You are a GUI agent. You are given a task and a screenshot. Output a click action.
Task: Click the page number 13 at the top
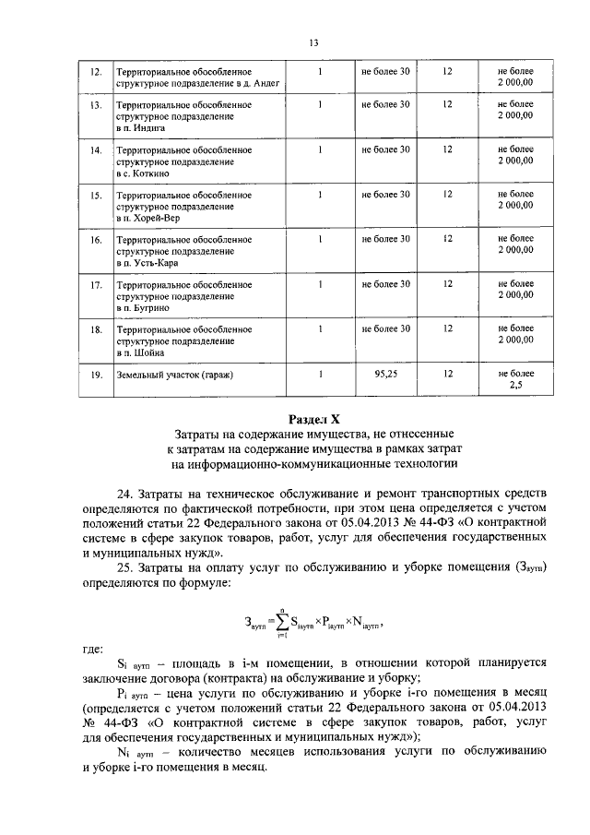(313, 42)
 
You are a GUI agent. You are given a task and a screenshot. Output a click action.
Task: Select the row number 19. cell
(94, 376)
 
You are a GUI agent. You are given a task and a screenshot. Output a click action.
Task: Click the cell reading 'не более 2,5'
(515, 381)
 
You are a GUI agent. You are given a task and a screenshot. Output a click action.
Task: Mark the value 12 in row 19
(447, 376)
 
